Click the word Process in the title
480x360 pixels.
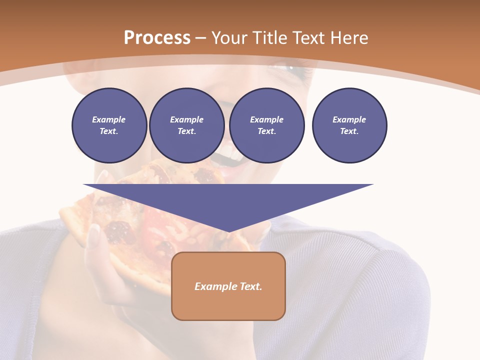pos(157,38)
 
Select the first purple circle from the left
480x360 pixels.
pos(109,125)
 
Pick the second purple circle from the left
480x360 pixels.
pos(186,125)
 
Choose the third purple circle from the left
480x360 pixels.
pos(266,125)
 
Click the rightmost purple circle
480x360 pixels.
pos(349,125)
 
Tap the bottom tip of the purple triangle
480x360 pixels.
pos(228,231)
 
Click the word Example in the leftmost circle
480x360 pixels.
pos(109,119)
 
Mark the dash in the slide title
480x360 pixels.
pos(201,38)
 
